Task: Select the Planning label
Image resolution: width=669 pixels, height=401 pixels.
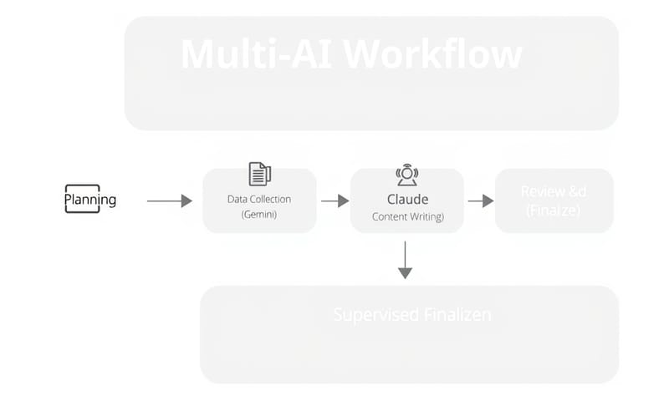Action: pos(90,200)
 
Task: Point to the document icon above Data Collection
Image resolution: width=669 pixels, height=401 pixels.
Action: pos(260,174)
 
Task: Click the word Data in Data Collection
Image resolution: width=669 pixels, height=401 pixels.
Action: pos(237,200)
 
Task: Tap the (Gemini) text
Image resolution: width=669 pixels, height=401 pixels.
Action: pos(259,215)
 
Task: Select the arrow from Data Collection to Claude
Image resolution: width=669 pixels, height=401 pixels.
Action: pos(334,200)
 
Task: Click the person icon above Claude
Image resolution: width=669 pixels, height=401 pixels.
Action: pos(406,175)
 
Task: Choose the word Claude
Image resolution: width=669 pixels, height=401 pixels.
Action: pos(407,200)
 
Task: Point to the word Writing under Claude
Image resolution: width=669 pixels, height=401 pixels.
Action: pos(428,217)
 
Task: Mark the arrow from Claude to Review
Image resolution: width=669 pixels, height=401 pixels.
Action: pos(480,200)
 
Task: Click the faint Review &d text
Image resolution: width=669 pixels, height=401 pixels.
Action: pos(554,192)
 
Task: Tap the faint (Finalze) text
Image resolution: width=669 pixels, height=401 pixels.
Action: pos(554,210)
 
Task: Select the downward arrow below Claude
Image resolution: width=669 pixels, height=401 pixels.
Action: pos(406,260)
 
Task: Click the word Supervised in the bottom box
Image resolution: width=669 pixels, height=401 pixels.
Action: pos(375,315)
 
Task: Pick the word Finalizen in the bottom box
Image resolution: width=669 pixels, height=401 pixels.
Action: pos(456,315)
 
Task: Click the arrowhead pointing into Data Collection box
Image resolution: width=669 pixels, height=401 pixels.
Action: pos(186,200)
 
